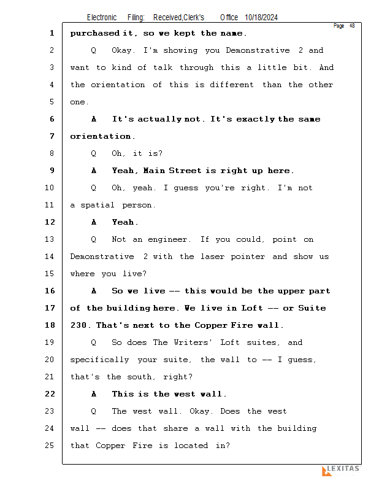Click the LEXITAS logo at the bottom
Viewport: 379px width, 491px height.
[x=341, y=470]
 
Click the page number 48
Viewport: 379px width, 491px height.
[x=352, y=26]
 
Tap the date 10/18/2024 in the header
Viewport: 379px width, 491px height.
[x=261, y=18]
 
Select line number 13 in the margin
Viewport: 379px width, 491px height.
[x=50, y=239]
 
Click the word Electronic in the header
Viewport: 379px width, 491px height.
[x=102, y=18]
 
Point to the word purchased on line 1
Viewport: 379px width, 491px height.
[x=95, y=34]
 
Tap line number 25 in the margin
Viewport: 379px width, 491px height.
[x=50, y=446]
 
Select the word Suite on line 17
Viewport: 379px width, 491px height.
[x=312, y=308]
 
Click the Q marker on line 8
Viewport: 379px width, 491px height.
[x=94, y=153]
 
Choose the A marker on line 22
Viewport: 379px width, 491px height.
[x=94, y=394]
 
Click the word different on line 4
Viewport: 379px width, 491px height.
[x=232, y=85]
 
